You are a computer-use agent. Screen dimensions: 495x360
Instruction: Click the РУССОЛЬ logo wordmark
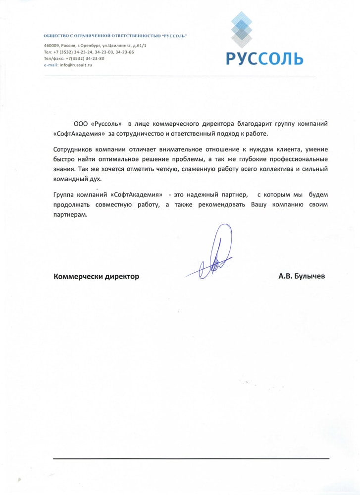pos(264,58)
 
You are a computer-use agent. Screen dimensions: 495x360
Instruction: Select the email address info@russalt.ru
pos(76,65)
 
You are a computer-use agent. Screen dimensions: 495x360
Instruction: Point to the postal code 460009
pos(51,46)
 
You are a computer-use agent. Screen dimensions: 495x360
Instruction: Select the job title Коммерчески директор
pos(96,277)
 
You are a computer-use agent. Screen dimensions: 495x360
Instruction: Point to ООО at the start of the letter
pos(80,123)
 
